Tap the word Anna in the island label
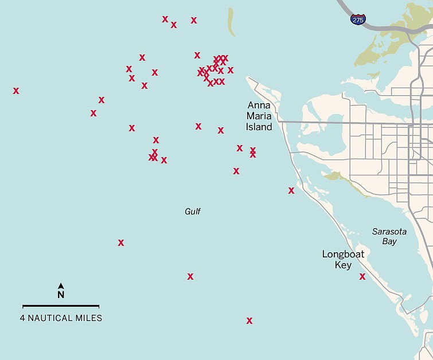pyautogui.click(x=259, y=105)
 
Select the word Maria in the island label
pyautogui.click(x=259, y=116)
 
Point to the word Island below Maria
pyautogui.click(x=259, y=127)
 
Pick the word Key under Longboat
pyautogui.click(x=344, y=265)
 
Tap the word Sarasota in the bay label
pyautogui.click(x=389, y=232)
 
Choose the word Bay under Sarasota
pyautogui.click(x=389, y=241)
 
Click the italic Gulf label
pyautogui.click(x=193, y=212)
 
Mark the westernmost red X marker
pyautogui.click(x=16, y=91)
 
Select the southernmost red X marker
pyautogui.click(x=249, y=320)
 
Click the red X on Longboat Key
pyautogui.click(x=362, y=276)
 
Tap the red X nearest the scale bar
pyautogui.click(x=121, y=242)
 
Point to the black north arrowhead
pyautogui.click(x=61, y=285)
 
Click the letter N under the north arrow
pyautogui.click(x=61, y=295)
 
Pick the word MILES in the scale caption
pyautogui.click(x=89, y=318)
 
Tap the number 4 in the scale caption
pyautogui.click(x=22, y=318)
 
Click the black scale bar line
pyautogui.click(x=61, y=307)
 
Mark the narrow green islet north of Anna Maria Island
pyautogui.click(x=231, y=22)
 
